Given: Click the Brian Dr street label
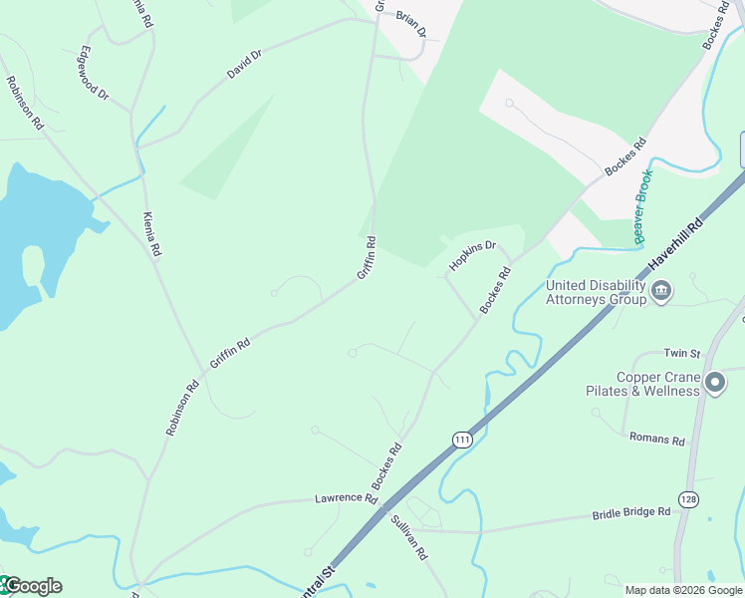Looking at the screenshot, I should (410, 25).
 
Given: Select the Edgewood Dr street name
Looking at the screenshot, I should (94, 72).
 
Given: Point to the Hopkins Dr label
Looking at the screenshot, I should (472, 256).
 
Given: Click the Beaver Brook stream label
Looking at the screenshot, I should (643, 206).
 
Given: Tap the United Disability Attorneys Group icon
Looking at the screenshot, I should (661, 292).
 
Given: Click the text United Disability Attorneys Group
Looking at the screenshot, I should (596, 292).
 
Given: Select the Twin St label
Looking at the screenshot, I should (682, 354).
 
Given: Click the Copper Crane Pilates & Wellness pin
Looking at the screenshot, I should (714, 382).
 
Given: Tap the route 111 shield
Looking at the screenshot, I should (461, 440).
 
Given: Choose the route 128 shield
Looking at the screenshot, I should (687, 498).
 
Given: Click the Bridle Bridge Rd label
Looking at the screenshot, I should (631, 513).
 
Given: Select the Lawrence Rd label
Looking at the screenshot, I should (346, 497).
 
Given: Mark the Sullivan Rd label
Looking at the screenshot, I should (408, 537).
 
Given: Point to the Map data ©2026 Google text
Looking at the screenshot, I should (683, 590).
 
